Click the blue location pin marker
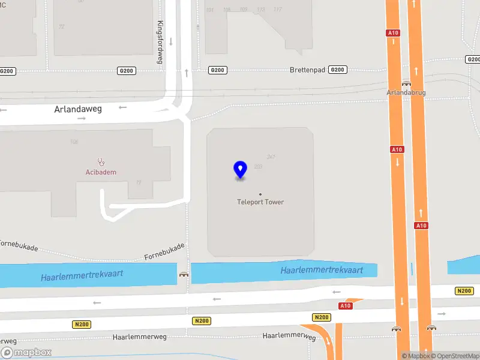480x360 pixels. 240,170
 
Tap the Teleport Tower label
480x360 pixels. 260,202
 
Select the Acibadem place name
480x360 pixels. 100,172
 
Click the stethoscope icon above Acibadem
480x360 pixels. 101,161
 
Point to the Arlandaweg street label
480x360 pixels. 78,109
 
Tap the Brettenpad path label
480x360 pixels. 307,70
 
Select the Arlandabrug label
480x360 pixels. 406,93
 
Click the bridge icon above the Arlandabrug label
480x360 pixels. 406,84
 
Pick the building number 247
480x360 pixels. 271,157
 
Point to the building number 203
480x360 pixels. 259,166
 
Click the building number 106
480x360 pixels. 74,142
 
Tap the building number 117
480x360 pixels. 277,10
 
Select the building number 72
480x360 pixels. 62,27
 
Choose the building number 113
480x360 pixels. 260,10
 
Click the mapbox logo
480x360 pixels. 26,353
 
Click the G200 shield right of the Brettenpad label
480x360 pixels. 338,70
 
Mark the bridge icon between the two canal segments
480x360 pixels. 184,274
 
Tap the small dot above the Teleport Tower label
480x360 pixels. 260,194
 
